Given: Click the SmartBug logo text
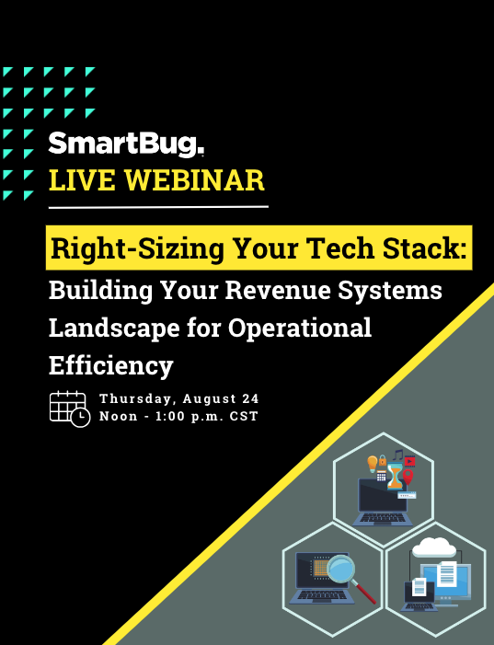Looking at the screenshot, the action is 126,144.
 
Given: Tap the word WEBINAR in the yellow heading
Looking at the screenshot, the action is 194,180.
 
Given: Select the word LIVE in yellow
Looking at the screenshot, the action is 82,180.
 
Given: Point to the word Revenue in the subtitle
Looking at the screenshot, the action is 278,290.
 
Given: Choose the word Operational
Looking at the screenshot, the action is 300,328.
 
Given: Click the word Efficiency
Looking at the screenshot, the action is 111,365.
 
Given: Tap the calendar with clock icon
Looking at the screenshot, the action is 70,409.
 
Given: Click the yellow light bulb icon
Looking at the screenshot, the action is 373,464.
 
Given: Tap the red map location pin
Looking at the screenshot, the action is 408,478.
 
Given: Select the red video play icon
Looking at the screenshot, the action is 409,461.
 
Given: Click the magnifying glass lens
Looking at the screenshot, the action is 341,569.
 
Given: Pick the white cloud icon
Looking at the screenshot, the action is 434,547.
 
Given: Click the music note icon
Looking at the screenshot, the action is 397,455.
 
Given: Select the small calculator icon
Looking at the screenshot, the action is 381,476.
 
